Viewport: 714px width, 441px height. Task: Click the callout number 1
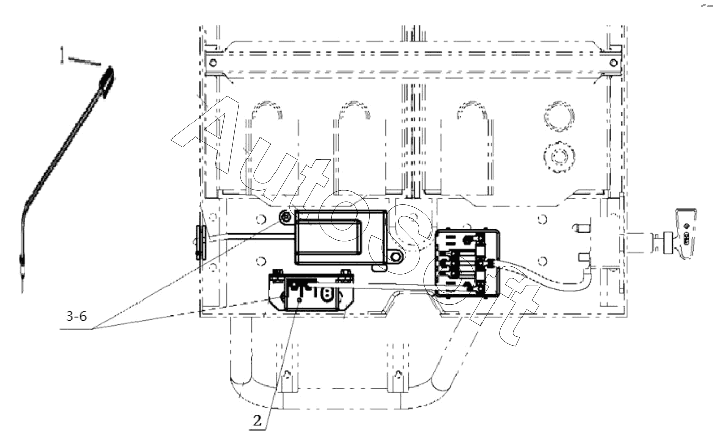[62, 55]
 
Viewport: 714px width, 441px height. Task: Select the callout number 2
[257, 421]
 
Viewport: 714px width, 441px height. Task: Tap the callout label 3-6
[76, 316]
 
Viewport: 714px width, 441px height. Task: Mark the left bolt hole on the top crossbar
[213, 63]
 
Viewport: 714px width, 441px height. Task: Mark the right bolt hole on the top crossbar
[613, 63]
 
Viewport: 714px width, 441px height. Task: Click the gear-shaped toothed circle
[559, 157]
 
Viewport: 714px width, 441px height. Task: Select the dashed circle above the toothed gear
[559, 116]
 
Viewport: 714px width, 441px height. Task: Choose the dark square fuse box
[467, 263]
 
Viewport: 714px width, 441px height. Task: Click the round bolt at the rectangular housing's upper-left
[286, 217]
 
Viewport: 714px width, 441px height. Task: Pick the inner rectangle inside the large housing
[329, 236]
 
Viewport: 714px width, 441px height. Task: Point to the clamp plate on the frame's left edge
[201, 242]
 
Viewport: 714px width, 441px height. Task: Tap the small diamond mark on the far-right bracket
[687, 226]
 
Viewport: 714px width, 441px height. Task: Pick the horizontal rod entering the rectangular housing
[252, 236]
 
